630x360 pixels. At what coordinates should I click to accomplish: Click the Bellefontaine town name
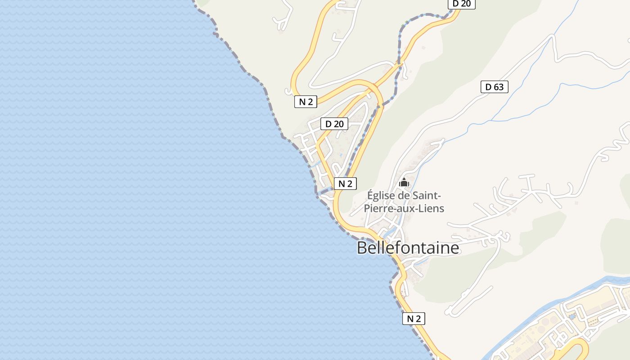pyautogui.click(x=408, y=248)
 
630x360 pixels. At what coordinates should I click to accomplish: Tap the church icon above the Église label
pyautogui.click(x=404, y=183)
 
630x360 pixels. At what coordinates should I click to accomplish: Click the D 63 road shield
pyautogui.click(x=494, y=87)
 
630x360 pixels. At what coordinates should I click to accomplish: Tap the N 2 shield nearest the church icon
pyautogui.click(x=345, y=183)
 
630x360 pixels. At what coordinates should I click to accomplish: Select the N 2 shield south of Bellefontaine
pyautogui.click(x=414, y=319)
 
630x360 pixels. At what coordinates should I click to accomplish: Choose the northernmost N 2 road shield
pyautogui.click(x=306, y=102)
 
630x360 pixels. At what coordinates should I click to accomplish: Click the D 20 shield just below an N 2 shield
pyautogui.click(x=334, y=123)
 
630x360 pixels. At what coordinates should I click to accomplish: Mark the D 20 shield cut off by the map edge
pyautogui.click(x=461, y=4)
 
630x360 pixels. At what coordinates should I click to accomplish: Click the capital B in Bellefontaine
pyautogui.click(x=362, y=248)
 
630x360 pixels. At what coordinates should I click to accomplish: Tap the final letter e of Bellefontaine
pyautogui.click(x=455, y=248)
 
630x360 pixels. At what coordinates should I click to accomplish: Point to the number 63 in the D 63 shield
pyautogui.click(x=498, y=87)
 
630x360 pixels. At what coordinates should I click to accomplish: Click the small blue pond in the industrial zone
pyautogui.click(x=572, y=317)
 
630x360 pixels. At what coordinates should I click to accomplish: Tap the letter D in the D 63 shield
pyautogui.click(x=488, y=87)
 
